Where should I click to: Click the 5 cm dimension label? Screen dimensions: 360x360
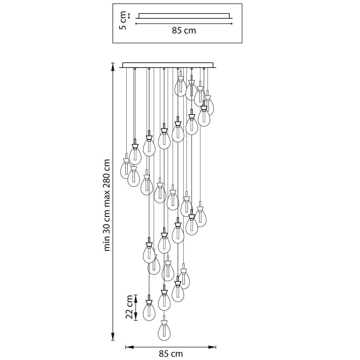[x=123, y=20]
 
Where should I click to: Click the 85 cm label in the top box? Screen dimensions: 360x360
[x=184, y=31]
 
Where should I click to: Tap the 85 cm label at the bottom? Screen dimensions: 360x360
[x=171, y=353]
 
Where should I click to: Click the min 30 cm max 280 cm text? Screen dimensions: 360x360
[x=107, y=205]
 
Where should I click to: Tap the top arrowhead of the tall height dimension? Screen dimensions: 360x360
[x=112, y=67]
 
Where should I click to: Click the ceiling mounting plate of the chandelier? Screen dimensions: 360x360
[x=168, y=65]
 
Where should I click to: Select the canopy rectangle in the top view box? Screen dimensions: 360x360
[x=184, y=16]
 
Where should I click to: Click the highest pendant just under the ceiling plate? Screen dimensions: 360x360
[x=180, y=84]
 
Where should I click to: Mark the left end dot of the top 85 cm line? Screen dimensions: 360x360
[x=136, y=24]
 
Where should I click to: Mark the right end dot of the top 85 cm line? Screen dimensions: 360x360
[x=232, y=24]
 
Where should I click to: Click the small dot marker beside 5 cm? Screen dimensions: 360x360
[x=129, y=16]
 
